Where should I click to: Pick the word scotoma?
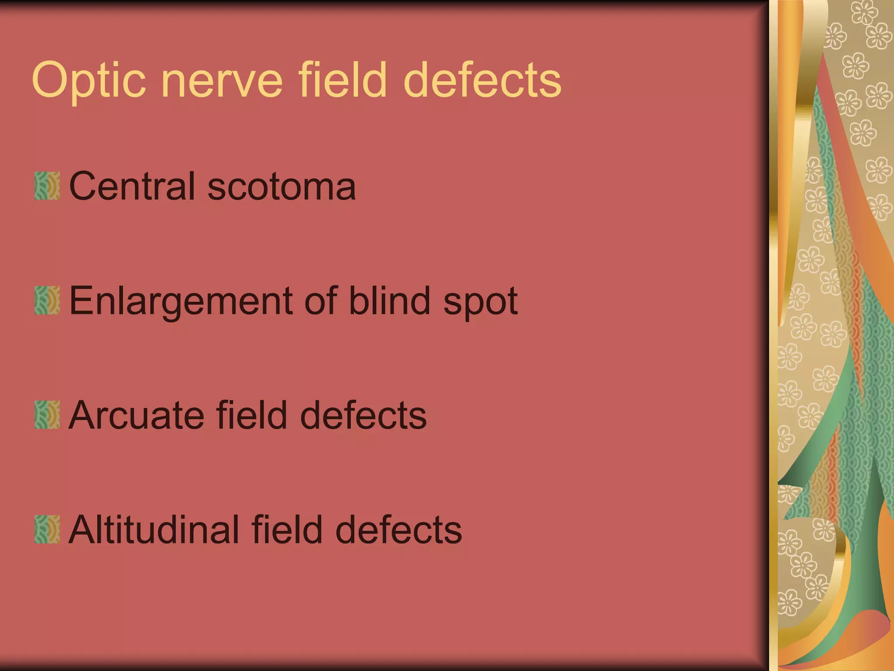coord(282,187)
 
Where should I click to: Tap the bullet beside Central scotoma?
coord(47,186)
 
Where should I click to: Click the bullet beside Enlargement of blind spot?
coord(47,301)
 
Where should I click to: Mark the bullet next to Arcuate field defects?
coord(47,415)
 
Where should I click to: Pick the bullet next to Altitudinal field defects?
coord(47,529)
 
